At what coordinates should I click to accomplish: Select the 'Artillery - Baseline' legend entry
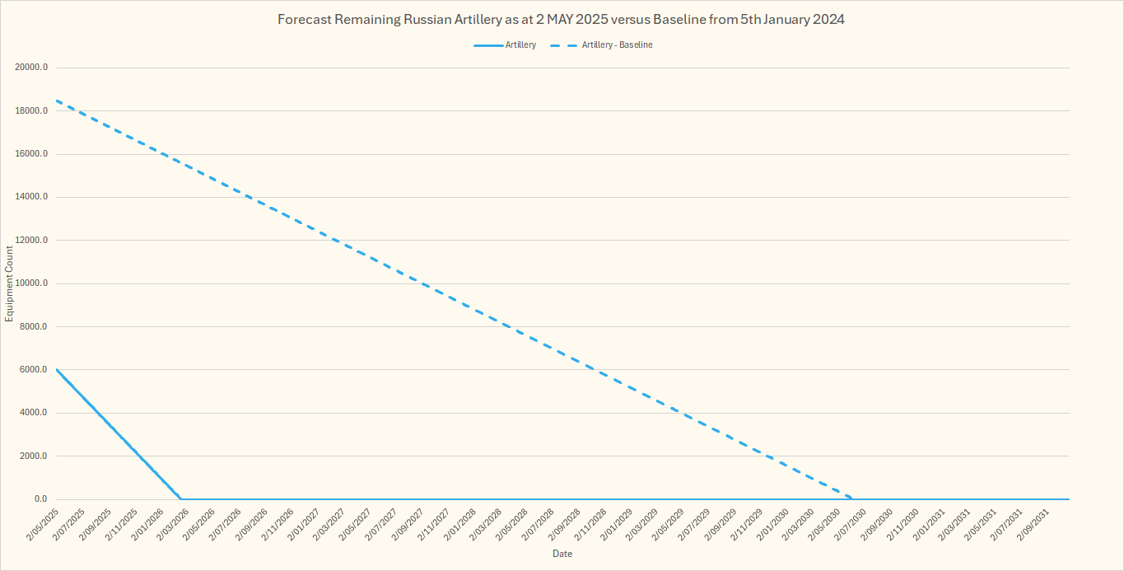click(x=617, y=45)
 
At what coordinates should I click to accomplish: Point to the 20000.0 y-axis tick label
click(x=30, y=68)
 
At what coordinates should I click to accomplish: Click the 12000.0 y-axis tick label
click(x=30, y=241)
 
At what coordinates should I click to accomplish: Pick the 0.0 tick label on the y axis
click(x=39, y=499)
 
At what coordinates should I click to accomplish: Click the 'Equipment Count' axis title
click(x=10, y=283)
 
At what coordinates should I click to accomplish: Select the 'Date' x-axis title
click(x=562, y=554)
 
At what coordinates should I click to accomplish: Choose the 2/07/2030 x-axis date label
click(x=848, y=523)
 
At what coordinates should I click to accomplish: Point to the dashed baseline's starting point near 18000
click(x=56, y=101)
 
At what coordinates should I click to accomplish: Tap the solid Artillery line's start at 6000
click(x=56, y=369)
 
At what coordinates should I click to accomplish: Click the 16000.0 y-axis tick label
click(x=30, y=154)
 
